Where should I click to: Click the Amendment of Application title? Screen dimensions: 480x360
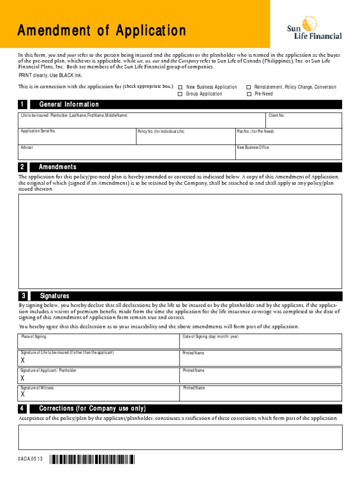[x=102, y=31]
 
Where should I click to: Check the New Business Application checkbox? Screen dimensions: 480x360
[x=180, y=87]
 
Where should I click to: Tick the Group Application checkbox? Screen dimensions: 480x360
[x=180, y=94]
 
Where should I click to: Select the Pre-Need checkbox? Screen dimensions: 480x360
[x=249, y=94]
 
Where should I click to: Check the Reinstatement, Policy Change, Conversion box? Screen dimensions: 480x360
[x=249, y=87]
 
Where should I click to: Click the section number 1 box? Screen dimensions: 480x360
[x=22, y=105]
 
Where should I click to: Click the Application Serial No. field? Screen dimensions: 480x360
[x=77, y=137]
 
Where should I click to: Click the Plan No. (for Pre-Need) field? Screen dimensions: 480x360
[x=288, y=137]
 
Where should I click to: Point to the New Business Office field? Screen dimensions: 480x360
[x=288, y=153]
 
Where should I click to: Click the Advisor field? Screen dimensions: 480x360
[x=127, y=153]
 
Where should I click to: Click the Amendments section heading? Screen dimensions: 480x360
[x=58, y=167]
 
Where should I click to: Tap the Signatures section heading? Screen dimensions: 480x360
[x=54, y=296]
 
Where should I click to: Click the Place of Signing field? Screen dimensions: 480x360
[x=99, y=342]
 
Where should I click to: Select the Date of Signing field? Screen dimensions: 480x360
[x=261, y=342]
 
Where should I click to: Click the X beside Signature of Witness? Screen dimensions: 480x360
[x=22, y=395]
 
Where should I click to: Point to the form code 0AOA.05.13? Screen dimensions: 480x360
[x=30, y=460]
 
